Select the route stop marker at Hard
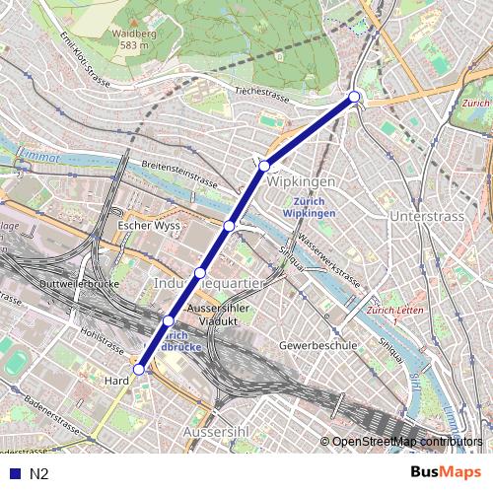(x=138, y=370)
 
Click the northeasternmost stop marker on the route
(x=354, y=97)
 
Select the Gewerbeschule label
(x=317, y=347)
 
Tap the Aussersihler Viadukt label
(x=221, y=314)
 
